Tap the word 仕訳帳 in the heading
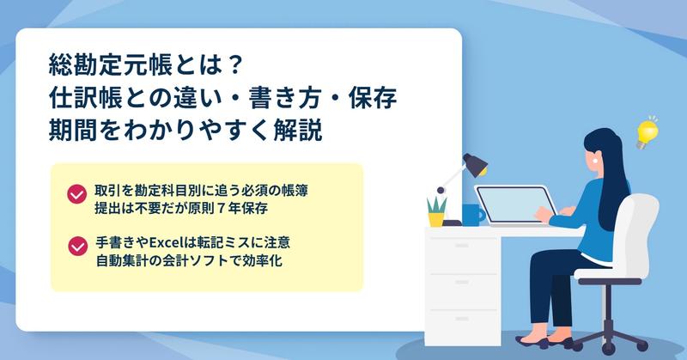click(x=86, y=97)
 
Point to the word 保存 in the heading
click(x=373, y=97)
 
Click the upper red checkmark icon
click(x=76, y=194)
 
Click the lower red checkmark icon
click(x=77, y=247)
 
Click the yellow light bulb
click(x=647, y=132)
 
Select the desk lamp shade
click(x=476, y=164)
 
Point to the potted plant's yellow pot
click(x=436, y=219)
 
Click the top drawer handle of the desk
click(x=462, y=246)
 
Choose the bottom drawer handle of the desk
click(x=462, y=319)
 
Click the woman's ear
click(x=596, y=160)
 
